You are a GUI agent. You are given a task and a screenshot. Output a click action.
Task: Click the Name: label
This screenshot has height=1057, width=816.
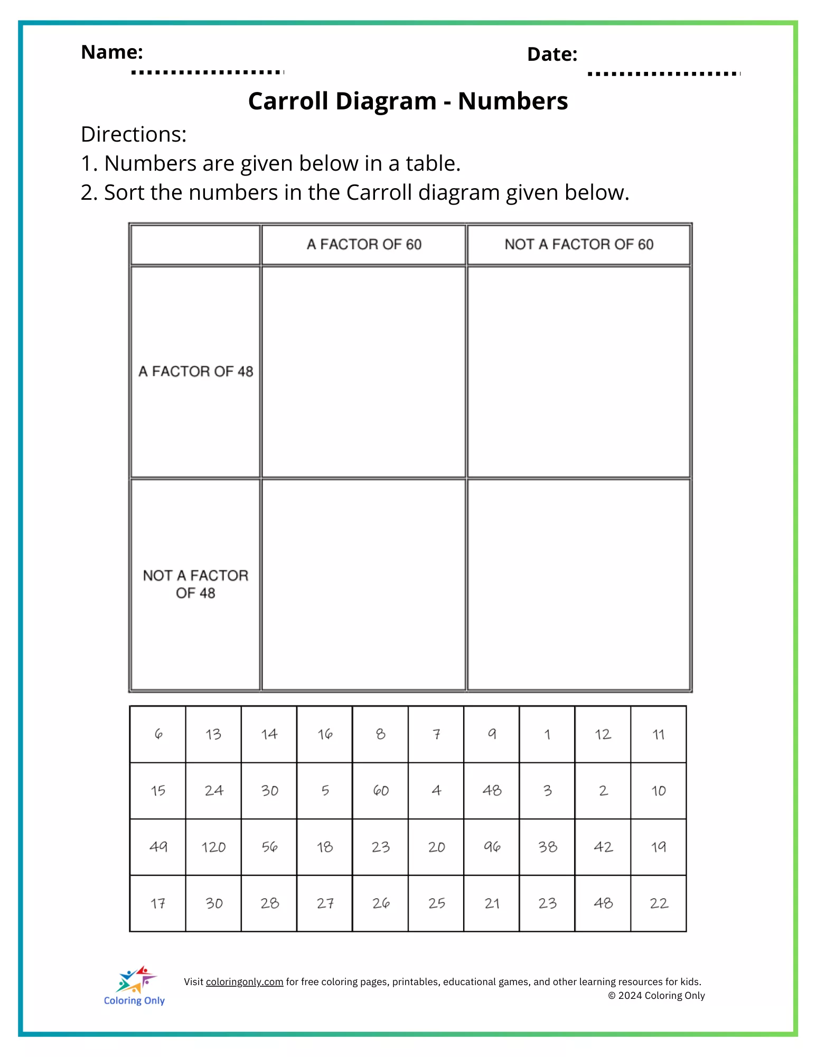click(112, 52)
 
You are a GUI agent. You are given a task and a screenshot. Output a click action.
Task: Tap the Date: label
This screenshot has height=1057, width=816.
click(552, 54)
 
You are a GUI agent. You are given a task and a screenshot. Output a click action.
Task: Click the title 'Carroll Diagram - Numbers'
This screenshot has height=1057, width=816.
click(408, 101)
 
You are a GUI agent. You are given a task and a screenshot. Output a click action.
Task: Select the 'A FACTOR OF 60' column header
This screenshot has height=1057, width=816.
click(364, 244)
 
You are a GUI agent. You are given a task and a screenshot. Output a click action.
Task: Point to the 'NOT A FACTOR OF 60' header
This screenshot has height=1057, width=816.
click(579, 244)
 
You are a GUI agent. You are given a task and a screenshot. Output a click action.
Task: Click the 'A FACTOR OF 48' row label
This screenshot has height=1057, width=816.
click(195, 372)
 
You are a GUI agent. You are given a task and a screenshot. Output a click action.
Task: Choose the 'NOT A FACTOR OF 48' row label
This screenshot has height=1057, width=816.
click(195, 584)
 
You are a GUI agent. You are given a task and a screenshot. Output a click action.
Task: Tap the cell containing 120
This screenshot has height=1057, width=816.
click(213, 847)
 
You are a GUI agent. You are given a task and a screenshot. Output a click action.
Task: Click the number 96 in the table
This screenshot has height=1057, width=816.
click(492, 847)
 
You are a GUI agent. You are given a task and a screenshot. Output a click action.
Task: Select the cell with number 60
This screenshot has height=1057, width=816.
click(380, 791)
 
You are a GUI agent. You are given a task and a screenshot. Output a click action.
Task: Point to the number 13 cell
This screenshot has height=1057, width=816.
click(213, 734)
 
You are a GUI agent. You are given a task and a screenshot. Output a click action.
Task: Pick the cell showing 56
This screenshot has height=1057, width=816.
click(269, 847)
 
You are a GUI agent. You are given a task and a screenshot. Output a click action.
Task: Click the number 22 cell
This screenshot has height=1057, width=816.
click(659, 903)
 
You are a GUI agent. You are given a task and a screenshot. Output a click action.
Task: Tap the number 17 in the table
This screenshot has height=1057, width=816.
click(158, 903)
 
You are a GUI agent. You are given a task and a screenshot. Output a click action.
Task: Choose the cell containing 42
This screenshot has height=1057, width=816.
click(603, 847)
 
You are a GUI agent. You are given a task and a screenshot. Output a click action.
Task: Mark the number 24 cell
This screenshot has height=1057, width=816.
click(213, 791)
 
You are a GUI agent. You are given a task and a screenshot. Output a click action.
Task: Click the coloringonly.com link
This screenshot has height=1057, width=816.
click(245, 982)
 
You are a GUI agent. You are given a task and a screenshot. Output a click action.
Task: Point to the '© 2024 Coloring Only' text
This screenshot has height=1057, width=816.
click(656, 996)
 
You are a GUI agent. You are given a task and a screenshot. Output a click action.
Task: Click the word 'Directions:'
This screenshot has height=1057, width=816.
click(134, 135)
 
